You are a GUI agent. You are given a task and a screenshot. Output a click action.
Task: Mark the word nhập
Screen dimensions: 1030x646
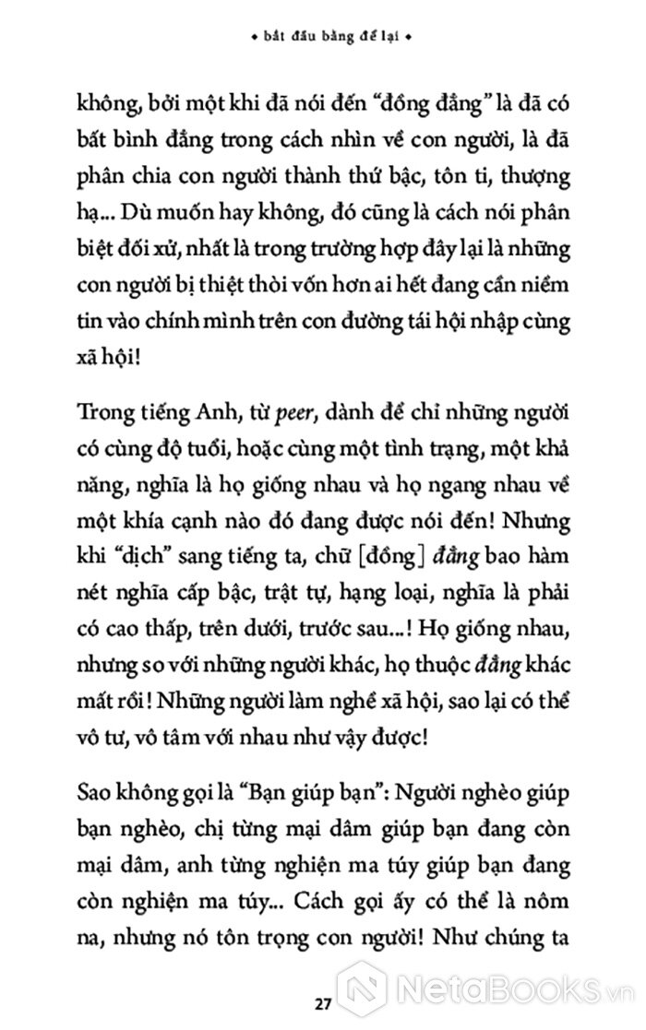[x=495, y=325]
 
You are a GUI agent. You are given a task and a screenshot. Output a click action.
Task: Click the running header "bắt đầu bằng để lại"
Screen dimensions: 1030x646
[x=323, y=40]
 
